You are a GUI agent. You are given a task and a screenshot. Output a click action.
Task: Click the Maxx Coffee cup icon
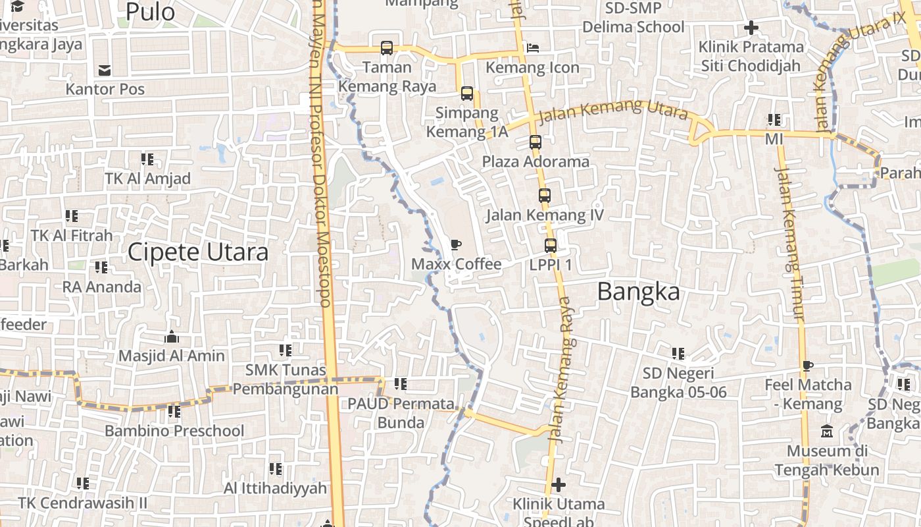tap(455, 245)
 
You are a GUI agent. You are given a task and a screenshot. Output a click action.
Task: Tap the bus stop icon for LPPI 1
tap(551, 246)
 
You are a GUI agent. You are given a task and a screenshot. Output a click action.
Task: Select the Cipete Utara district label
tap(198, 252)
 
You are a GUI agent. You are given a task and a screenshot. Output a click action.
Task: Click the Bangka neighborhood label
tap(638, 292)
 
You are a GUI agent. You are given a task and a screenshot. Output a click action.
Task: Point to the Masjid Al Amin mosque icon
tap(172, 337)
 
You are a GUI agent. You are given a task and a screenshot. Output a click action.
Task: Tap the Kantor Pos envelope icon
tap(105, 70)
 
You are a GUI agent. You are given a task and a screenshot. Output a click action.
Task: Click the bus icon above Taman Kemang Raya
tap(387, 48)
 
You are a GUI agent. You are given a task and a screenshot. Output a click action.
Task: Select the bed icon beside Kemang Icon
tap(533, 48)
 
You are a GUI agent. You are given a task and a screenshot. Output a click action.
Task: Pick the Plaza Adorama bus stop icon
tap(535, 142)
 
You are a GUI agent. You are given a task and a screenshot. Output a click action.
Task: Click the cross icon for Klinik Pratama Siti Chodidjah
tap(751, 28)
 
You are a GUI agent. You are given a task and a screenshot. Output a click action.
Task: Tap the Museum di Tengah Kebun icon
tap(827, 431)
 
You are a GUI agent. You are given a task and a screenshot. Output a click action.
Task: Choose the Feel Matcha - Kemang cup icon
tap(808, 366)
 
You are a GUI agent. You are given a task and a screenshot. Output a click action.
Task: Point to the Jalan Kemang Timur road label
tap(790, 244)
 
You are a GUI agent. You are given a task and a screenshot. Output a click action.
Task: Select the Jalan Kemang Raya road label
tap(560, 369)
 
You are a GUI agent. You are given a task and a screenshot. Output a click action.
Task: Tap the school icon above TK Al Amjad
tap(147, 159)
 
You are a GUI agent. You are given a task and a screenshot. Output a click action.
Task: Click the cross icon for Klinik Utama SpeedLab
tap(559, 485)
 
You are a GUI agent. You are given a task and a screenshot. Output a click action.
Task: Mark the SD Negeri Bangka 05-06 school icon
tap(679, 354)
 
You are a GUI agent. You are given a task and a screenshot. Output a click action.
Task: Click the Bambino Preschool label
tap(174, 431)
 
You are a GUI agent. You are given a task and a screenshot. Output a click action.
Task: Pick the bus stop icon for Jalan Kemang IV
tap(545, 196)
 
